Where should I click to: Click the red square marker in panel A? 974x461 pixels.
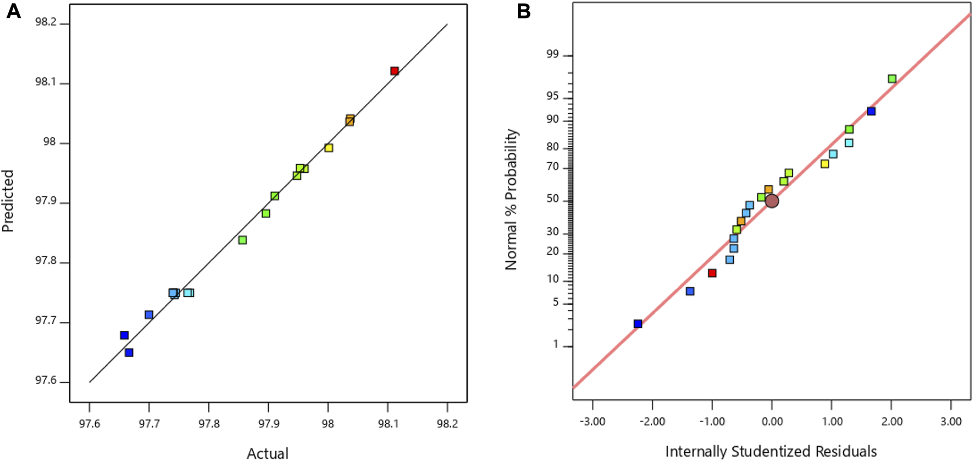click(394, 71)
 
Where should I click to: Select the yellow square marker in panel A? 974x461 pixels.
click(329, 148)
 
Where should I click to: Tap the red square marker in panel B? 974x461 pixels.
click(712, 273)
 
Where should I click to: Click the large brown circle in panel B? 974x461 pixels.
click(772, 201)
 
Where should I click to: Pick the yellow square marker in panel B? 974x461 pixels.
click(824, 164)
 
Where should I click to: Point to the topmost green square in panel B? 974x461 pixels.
click(892, 79)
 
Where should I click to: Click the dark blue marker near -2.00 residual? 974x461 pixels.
click(638, 324)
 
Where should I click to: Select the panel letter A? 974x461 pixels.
click(13, 11)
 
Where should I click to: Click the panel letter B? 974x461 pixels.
click(523, 11)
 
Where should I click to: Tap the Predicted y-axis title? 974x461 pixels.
click(8, 201)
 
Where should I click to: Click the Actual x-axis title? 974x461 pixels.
click(267, 453)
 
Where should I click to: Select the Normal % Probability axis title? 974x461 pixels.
click(511, 199)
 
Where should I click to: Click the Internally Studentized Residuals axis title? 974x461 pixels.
click(771, 452)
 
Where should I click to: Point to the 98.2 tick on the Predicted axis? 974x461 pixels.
click(45, 23)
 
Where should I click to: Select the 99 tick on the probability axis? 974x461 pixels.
click(552, 54)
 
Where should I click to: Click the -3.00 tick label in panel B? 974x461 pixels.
click(592, 421)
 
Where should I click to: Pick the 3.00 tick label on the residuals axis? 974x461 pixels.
click(951, 421)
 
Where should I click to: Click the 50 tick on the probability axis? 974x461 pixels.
click(552, 199)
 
